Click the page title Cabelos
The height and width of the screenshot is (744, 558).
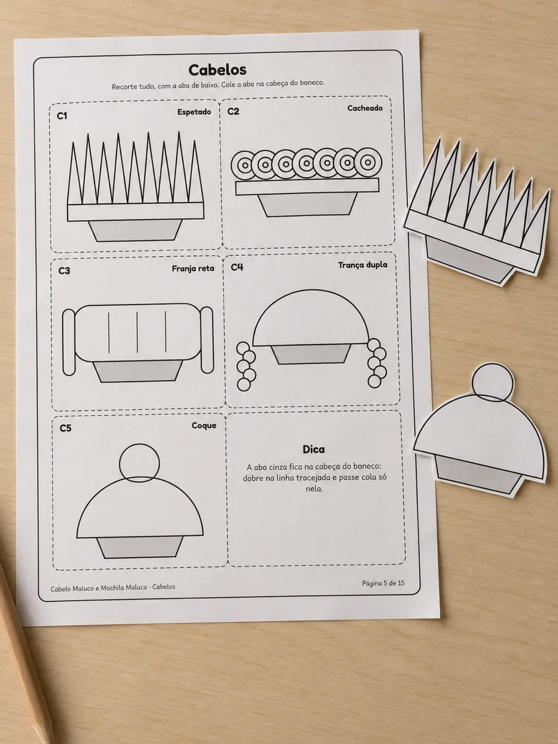click(218, 70)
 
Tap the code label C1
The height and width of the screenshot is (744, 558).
click(62, 116)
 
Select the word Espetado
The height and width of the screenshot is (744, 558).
click(194, 112)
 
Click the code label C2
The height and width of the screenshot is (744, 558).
click(233, 112)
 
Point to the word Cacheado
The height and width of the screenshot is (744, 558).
click(365, 108)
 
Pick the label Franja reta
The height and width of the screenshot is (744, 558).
click(193, 268)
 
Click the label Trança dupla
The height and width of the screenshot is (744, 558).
click(363, 265)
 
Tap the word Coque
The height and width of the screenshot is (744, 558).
click(203, 425)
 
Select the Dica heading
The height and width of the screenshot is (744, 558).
click(313, 449)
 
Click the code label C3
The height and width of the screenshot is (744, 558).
click(64, 270)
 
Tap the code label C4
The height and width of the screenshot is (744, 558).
click(237, 267)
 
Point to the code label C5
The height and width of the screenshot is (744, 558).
click(65, 428)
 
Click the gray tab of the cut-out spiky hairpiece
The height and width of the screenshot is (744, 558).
click(468, 259)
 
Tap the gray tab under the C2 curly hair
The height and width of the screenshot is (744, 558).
click(308, 205)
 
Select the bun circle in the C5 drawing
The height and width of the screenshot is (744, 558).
click(139, 463)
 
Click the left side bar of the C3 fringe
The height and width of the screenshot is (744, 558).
click(69, 342)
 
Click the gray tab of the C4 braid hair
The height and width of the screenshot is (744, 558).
click(311, 355)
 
